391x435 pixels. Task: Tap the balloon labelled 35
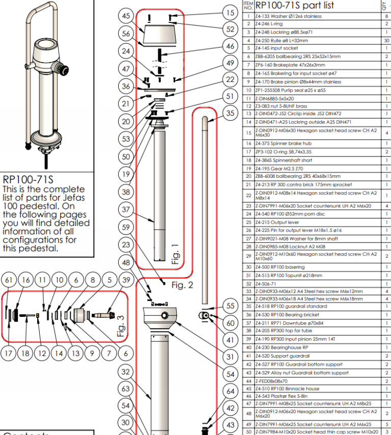tap(230, 113)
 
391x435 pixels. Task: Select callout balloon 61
tap(9, 280)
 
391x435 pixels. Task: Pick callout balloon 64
tap(230, 391)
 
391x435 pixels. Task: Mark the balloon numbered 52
tap(230, 30)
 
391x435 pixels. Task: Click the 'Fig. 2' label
tap(182, 285)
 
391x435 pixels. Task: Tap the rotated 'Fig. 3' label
tap(121, 326)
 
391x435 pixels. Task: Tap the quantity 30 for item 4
tap(386, 40)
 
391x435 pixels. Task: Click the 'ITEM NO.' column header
tap(248, 6)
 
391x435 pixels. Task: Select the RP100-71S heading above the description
tap(29, 180)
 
